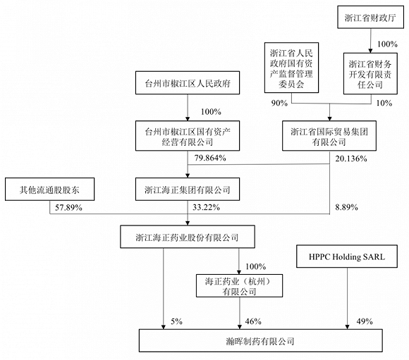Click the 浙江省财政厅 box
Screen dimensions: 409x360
[370, 17]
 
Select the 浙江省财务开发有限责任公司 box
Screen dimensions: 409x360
[370, 73]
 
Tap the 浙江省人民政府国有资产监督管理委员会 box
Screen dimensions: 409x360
[291, 68]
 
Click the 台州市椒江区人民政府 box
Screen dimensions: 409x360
[188, 83]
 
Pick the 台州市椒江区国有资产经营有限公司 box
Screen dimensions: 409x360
[188, 136]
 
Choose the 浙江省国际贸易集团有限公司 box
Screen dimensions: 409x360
[329, 136]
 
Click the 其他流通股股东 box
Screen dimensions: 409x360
[49, 190]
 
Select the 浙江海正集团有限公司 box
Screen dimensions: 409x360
[188, 190]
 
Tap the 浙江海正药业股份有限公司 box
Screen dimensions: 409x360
[188, 237]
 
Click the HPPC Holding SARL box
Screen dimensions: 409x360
[347, 256]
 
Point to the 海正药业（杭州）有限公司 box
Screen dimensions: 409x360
[239, 286]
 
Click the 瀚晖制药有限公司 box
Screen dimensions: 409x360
[261, 340]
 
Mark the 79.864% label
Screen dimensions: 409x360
[210, 158]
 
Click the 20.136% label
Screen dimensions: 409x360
[351, 159]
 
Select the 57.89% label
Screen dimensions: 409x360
[68, 208]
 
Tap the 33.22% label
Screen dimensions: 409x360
[206, 208]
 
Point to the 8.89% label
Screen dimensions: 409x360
[346, 208]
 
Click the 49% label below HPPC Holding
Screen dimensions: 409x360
[365, 321]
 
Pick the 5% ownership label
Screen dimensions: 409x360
[176, 321]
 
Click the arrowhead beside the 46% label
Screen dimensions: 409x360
[240, 327]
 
